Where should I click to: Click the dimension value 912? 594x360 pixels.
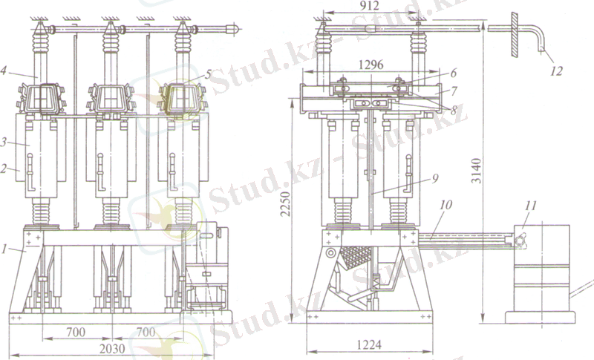coord(369,6)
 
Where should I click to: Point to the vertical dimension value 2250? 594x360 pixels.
coord(286,203)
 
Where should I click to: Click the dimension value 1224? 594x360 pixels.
coord(369,344)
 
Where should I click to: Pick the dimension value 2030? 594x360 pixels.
coord(112,348)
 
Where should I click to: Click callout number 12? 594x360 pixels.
coord(556,71)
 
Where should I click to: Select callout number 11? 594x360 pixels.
coord(530,206)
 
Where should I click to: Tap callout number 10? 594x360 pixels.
coord(446,205)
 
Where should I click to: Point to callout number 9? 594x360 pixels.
coord(435,178)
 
